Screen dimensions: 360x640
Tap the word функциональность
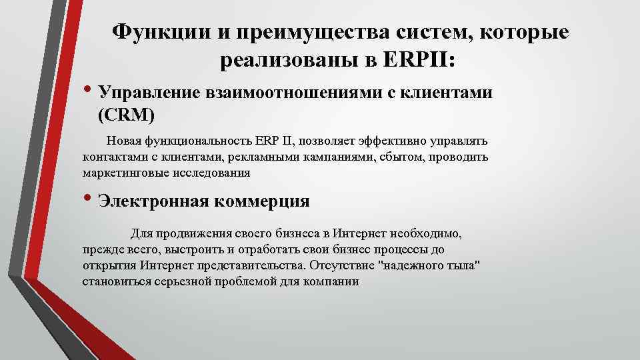coord(199,141)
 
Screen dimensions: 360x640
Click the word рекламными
coord(261,157)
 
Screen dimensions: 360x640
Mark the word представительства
coord(253,265)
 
